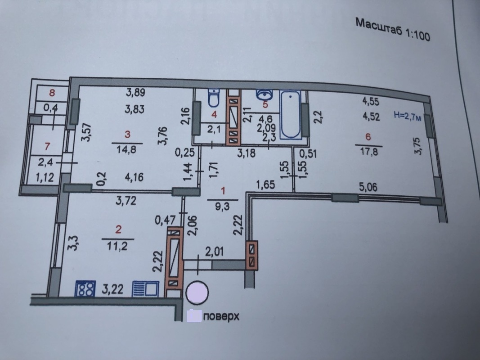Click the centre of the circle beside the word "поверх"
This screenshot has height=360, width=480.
[197, 292]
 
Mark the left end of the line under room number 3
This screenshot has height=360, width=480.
[112, 143]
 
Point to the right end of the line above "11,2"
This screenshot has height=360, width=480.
[134, 239]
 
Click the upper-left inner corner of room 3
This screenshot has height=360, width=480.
[80, 87]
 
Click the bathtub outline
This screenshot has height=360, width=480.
[291, 115]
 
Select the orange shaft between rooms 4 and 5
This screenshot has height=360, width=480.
[233, 117]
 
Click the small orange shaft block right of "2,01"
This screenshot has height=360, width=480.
[251, 255]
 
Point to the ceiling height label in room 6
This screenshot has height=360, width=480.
[407, 116]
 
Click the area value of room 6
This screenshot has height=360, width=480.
[369, 152]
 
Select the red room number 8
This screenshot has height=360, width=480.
[52, 92]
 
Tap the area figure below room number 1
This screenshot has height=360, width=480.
[223, 207]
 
